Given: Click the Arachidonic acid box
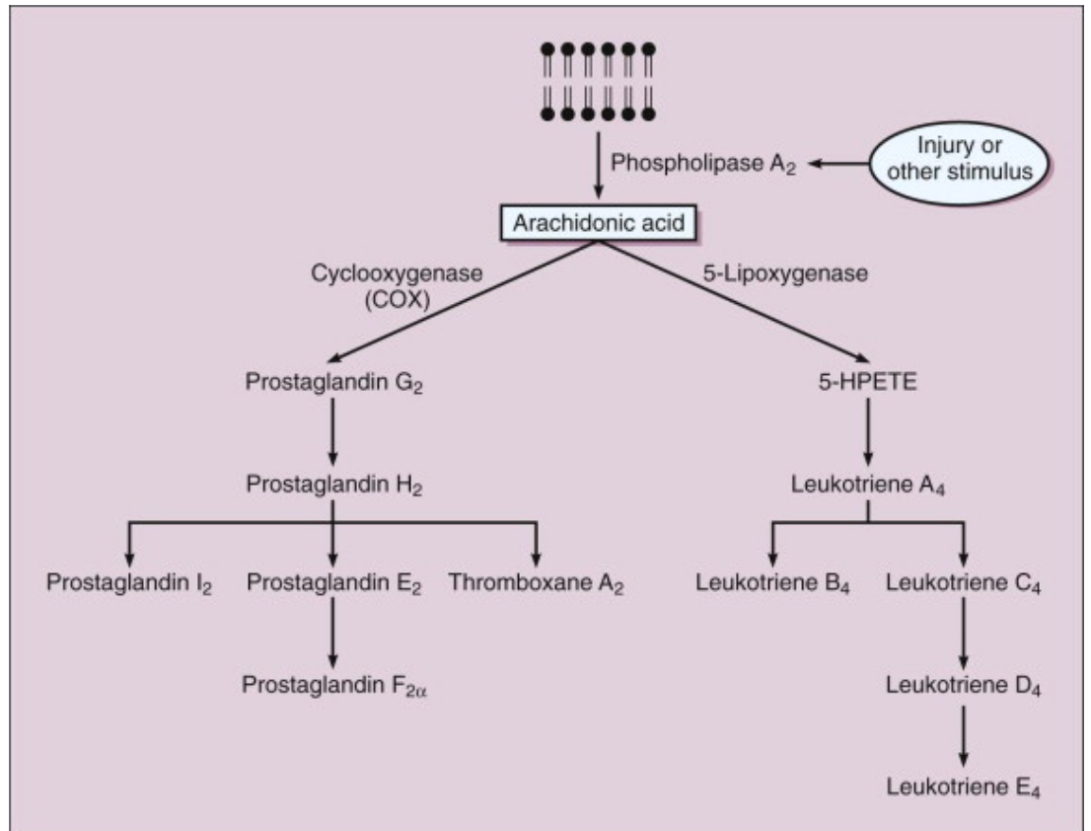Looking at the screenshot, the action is point(599,223).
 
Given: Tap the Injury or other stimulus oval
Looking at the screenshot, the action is point(960,163).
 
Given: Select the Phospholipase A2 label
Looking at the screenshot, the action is point(702,164).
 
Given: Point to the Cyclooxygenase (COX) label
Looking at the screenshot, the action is point(397,285).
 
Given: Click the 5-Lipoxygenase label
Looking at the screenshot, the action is point(785,272).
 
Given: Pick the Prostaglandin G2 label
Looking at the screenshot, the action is point(334,382).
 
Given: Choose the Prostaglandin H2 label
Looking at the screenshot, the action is point(334,485).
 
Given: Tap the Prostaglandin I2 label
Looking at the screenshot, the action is point(128,583).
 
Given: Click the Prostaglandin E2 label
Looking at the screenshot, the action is point(334,583).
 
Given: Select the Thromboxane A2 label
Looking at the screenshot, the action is point(536,583).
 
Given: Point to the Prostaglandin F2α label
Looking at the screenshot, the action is point(334,686).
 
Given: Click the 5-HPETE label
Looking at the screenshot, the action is point(868,381).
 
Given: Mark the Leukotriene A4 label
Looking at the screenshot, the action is point(868,485).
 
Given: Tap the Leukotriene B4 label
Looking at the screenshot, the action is point(772,583).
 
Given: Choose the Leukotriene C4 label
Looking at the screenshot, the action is point(964,583).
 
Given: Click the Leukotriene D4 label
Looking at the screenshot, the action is point(964,686).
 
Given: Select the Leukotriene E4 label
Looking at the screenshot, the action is point(964,788).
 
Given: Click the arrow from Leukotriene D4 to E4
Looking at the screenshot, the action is point(964,736).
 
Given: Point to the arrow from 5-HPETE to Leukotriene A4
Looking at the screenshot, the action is point(868,431).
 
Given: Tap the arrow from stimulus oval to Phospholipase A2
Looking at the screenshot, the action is point(838,164).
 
